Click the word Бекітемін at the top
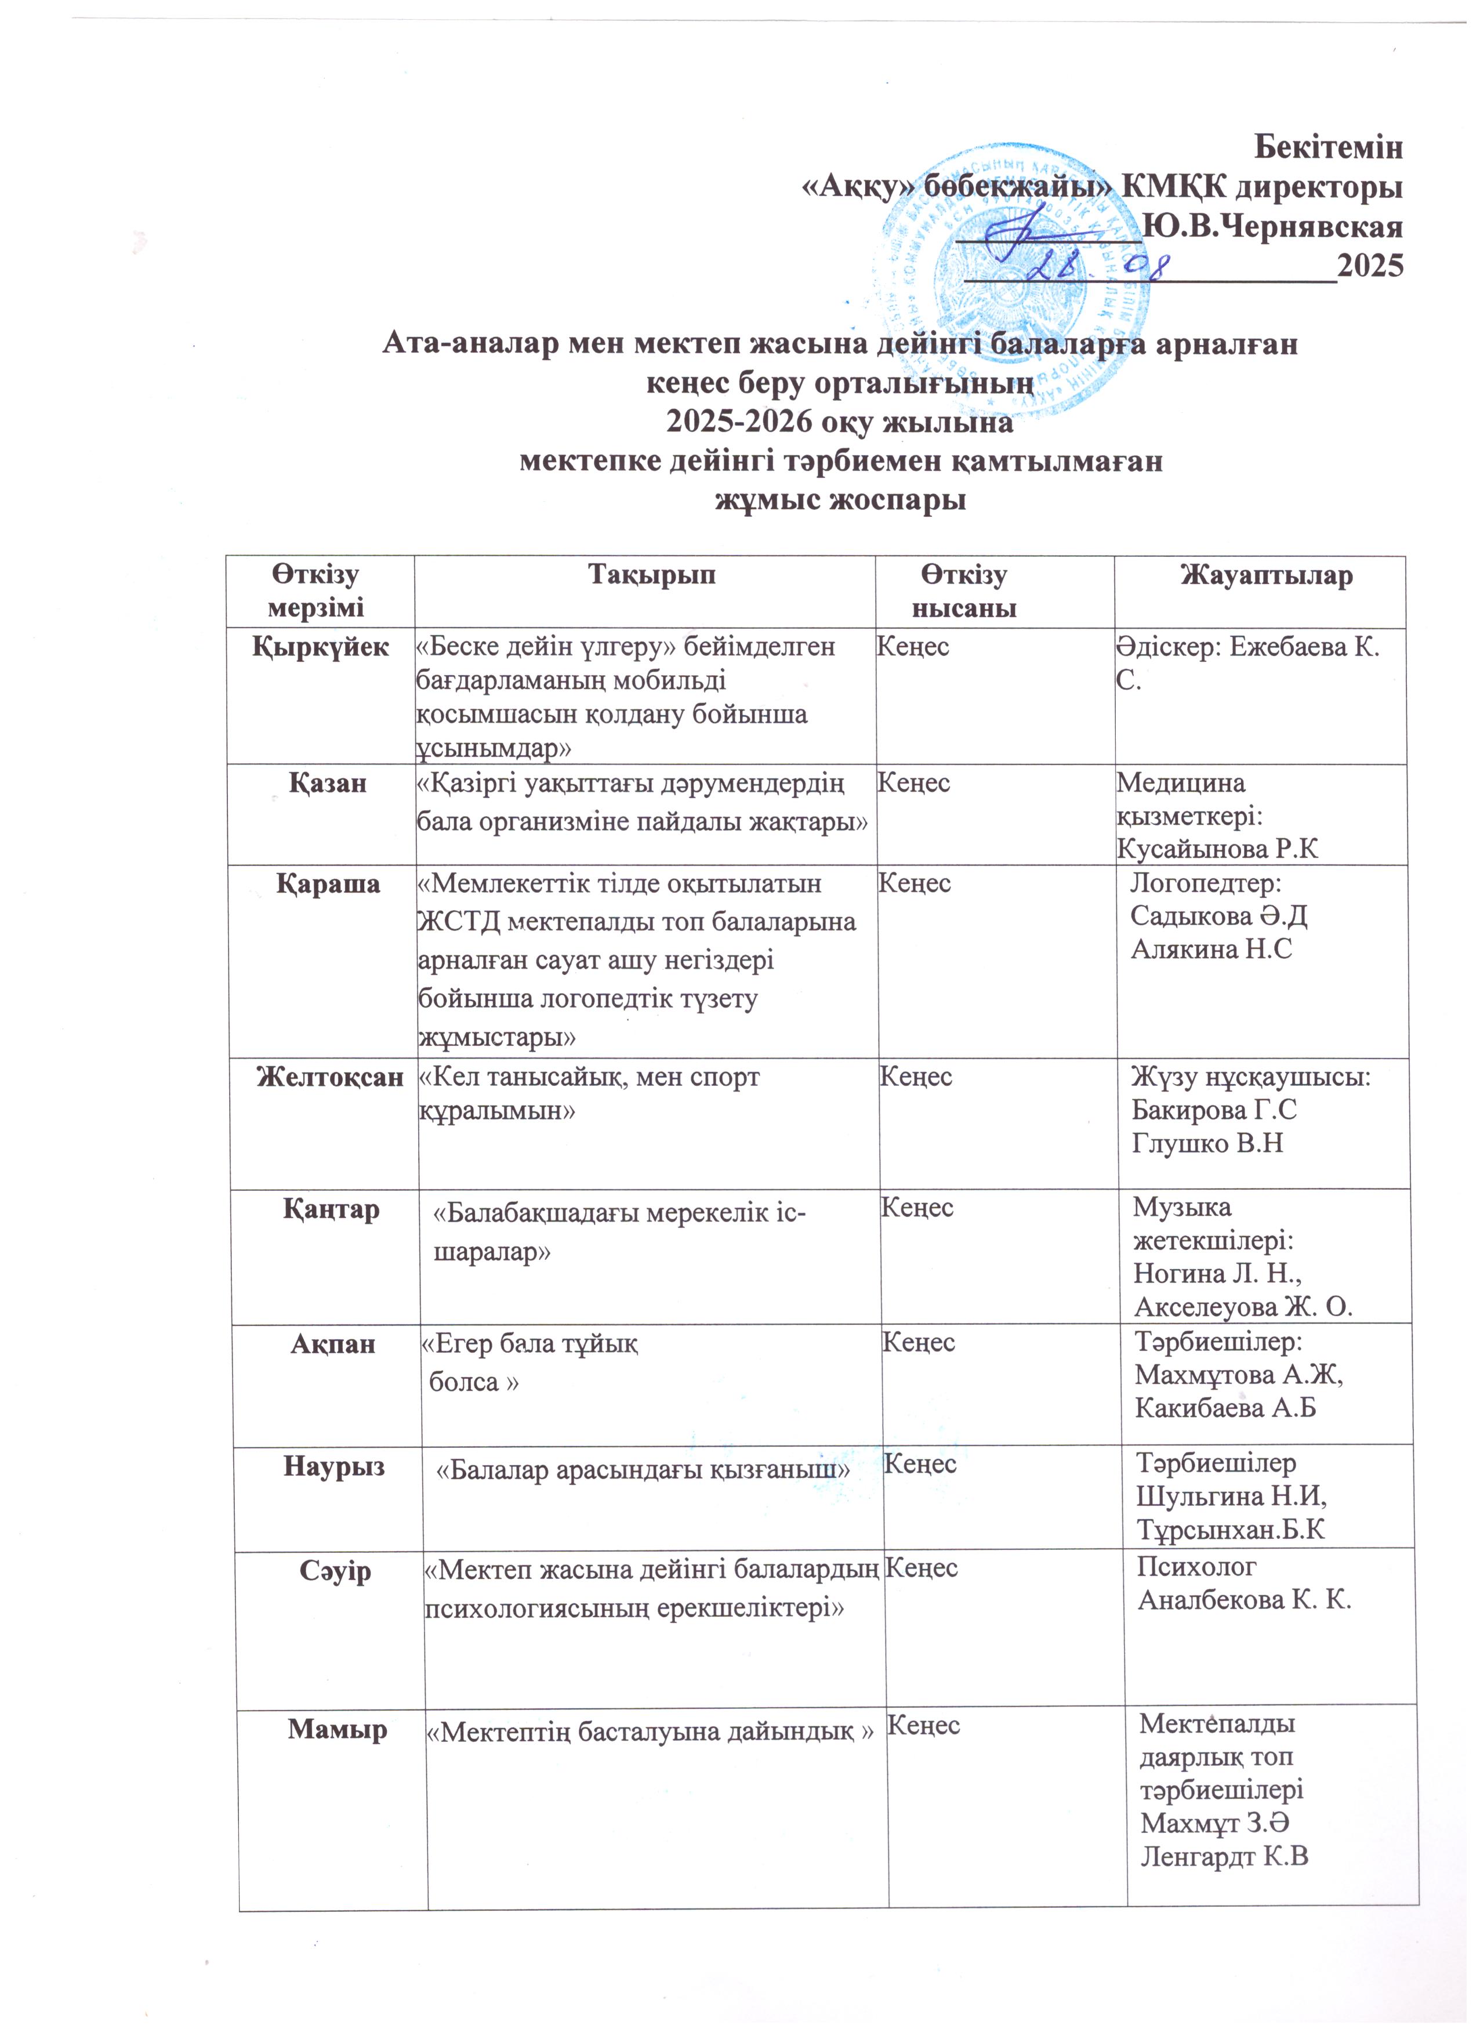[x=1327, y=146]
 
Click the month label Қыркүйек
[x=320, y=646]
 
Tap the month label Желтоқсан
[x=329, y=1077]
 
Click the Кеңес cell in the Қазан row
[x=913, y=783]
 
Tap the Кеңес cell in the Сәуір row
[x=921, y=1568]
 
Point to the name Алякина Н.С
[x=1211, y=949]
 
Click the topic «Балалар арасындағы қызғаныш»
[x=643, y=1469]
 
